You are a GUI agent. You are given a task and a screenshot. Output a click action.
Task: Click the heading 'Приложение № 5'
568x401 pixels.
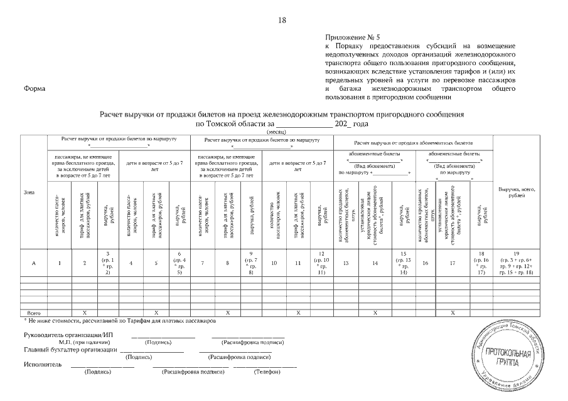point(352,38)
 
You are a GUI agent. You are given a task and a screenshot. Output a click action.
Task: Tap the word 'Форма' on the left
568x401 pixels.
point(34,88)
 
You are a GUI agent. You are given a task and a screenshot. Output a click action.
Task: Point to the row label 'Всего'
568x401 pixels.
point(31,311)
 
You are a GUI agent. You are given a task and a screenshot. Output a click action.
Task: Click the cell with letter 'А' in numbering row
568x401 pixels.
point(33,264)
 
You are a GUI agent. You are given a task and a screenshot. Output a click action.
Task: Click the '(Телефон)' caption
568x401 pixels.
point(266,372)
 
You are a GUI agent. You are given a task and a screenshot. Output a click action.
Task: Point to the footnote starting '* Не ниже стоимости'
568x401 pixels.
point(119,320)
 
